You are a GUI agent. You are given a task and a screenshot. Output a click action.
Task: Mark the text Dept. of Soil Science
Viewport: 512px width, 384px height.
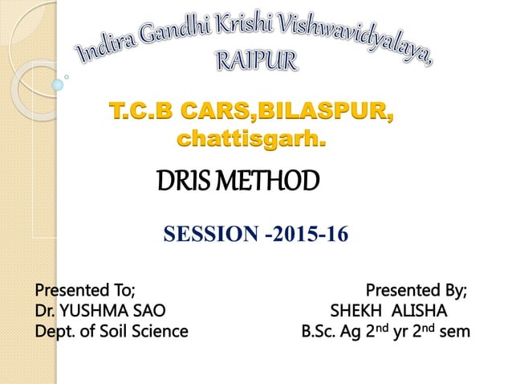(110, 330)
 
